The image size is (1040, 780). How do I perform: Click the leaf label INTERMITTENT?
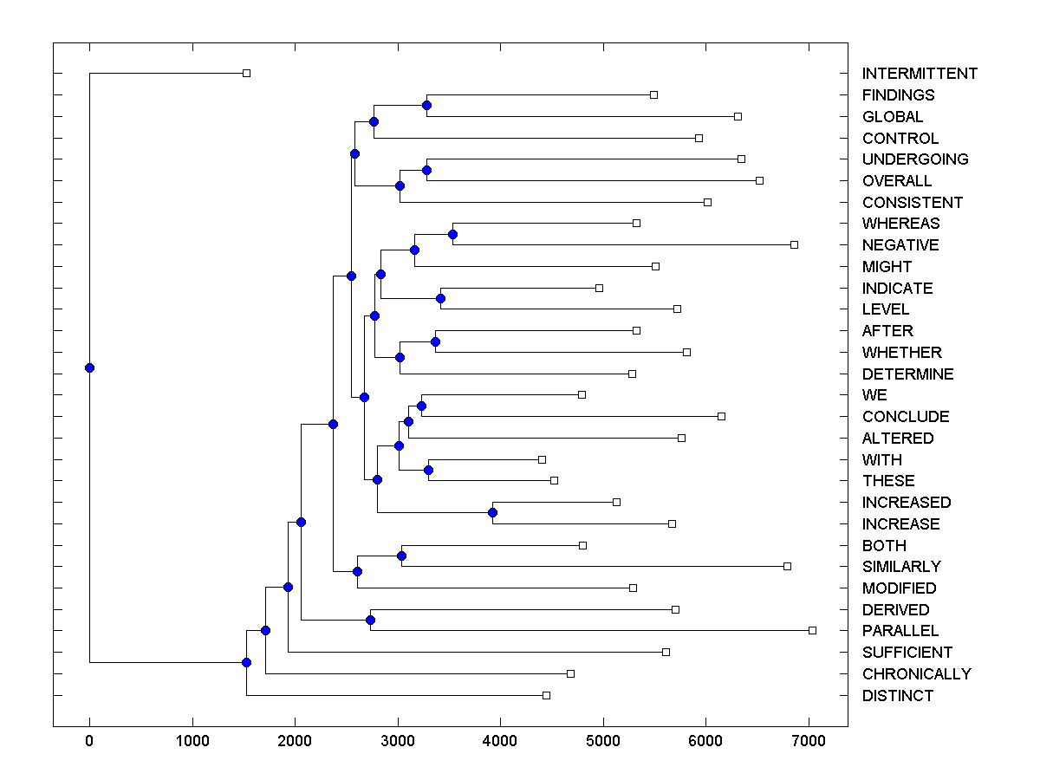pos(920,74)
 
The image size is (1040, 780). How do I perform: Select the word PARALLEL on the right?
pos(900,631)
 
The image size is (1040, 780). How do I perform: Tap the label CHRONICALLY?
pos(916,674)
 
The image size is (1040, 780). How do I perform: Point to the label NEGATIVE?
pos(900,245)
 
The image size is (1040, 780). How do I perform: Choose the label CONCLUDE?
pos(906,417)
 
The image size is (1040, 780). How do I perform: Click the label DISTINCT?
pos(898,696)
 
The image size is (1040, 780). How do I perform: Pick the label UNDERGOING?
pos(915,159)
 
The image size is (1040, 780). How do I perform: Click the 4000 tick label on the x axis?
pos(500,741)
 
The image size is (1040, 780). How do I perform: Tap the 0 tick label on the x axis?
pos(89,741)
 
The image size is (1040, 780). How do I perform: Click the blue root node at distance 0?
pos(89,367)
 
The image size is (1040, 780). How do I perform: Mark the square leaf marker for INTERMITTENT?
pos(246,73)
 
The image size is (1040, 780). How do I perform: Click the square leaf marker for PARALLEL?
pos(812,630)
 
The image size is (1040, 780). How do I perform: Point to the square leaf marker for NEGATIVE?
pos(794,244)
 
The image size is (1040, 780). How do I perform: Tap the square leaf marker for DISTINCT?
pos(546,695)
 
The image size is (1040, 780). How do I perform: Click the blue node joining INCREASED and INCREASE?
pos(492,513)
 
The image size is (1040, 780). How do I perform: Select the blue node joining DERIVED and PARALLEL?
pos(370,620)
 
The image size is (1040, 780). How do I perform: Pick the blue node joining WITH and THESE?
pos(428,470)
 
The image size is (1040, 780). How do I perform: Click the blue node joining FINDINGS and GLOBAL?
pos(426,105)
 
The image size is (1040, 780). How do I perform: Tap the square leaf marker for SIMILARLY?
pos(787,566)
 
